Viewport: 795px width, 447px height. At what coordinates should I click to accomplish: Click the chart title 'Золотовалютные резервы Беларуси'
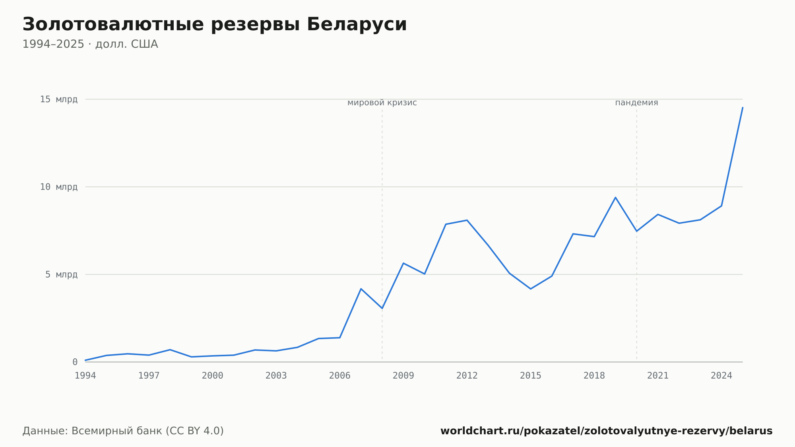pos(215,25)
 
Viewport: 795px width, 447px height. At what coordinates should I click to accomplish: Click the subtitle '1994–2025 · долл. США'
pos(90,44)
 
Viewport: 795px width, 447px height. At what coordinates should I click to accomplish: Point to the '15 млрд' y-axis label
pos(59,99)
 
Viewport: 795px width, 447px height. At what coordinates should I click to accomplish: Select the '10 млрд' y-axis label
pos(59,187)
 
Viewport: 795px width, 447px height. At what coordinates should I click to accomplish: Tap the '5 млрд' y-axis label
pos(61,274)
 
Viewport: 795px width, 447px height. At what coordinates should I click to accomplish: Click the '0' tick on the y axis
pos(75,362)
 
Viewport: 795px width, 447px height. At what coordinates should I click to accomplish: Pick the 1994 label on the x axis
pos(85,376)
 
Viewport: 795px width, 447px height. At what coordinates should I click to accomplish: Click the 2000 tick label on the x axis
pos(213,376)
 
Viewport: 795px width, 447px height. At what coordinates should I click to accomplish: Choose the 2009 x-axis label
pos(403,376)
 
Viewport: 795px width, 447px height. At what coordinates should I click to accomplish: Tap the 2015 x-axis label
pos(531,376)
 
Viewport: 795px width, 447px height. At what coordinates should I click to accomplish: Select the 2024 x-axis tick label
pos(721,376)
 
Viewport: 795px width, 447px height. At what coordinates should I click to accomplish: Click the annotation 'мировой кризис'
pos(382,103)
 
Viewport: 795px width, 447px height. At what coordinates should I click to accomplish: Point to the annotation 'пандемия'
pos(636,103)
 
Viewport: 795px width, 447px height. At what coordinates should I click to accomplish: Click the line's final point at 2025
pos(743,107)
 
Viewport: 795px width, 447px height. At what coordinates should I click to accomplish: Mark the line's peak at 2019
pos(615,197)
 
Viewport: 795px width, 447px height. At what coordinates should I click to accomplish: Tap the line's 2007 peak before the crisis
pos(361,289)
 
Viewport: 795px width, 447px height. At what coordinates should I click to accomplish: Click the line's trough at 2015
pos(531,289)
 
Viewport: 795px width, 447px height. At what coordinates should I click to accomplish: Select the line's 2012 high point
pos(467,220)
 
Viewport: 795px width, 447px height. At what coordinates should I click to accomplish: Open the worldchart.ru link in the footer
pos(607,431)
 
